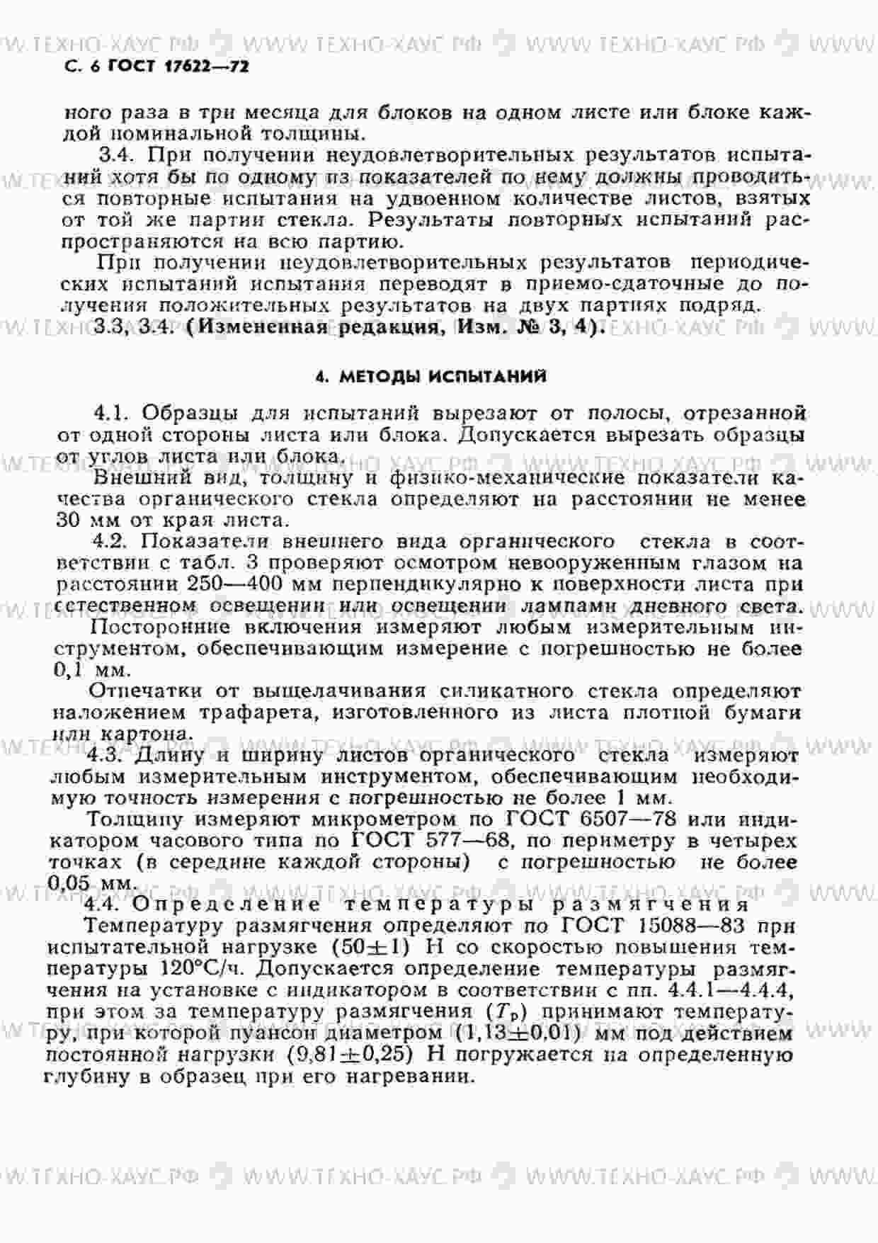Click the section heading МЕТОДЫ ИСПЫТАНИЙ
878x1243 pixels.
click(443, 377)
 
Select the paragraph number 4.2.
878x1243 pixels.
click(111, 542)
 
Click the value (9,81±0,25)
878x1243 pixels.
click(350, 1055)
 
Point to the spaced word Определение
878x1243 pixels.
click(226, 905)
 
